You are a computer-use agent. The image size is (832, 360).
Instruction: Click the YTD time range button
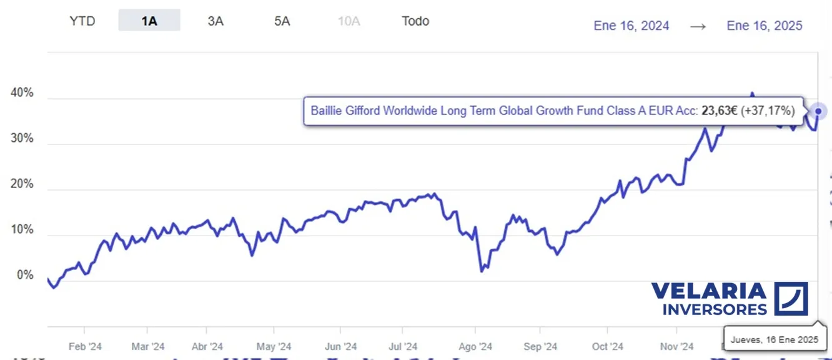tap(82, 21)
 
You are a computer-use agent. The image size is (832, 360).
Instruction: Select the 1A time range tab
tap(149, 21)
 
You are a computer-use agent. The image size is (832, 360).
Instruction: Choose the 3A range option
tap(215, 21)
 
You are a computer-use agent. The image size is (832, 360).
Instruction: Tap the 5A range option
tap(282, 21)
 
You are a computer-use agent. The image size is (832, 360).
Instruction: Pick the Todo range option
tap(415, 21)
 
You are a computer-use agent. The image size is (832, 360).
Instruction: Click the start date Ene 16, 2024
tap(631, 26)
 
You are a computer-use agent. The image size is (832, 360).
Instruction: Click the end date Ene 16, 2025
tap(765, 26)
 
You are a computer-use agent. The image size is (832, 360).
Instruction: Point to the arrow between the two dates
tap(698, 26)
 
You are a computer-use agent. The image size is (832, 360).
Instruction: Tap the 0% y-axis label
tap(24, 276)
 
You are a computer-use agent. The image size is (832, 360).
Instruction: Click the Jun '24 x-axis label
tap(341, 347)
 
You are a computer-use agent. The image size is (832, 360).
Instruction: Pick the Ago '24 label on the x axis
tap(475, 347)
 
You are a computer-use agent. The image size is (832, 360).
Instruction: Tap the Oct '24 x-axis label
tap(608, 347)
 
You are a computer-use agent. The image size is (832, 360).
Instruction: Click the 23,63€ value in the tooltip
tap(720, 111)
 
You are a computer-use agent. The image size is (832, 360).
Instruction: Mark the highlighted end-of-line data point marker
tap(819, 111)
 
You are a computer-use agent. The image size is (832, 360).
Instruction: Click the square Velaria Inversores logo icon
tap(791, 298)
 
